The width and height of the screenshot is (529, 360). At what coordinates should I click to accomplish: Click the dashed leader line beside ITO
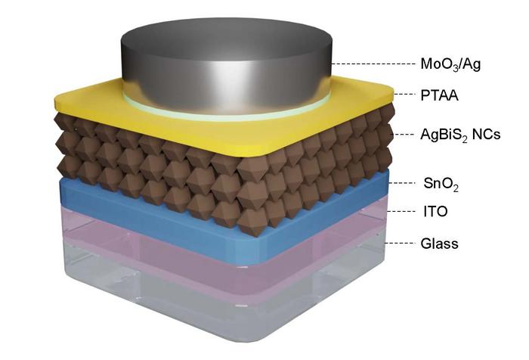tap(401, 213)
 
